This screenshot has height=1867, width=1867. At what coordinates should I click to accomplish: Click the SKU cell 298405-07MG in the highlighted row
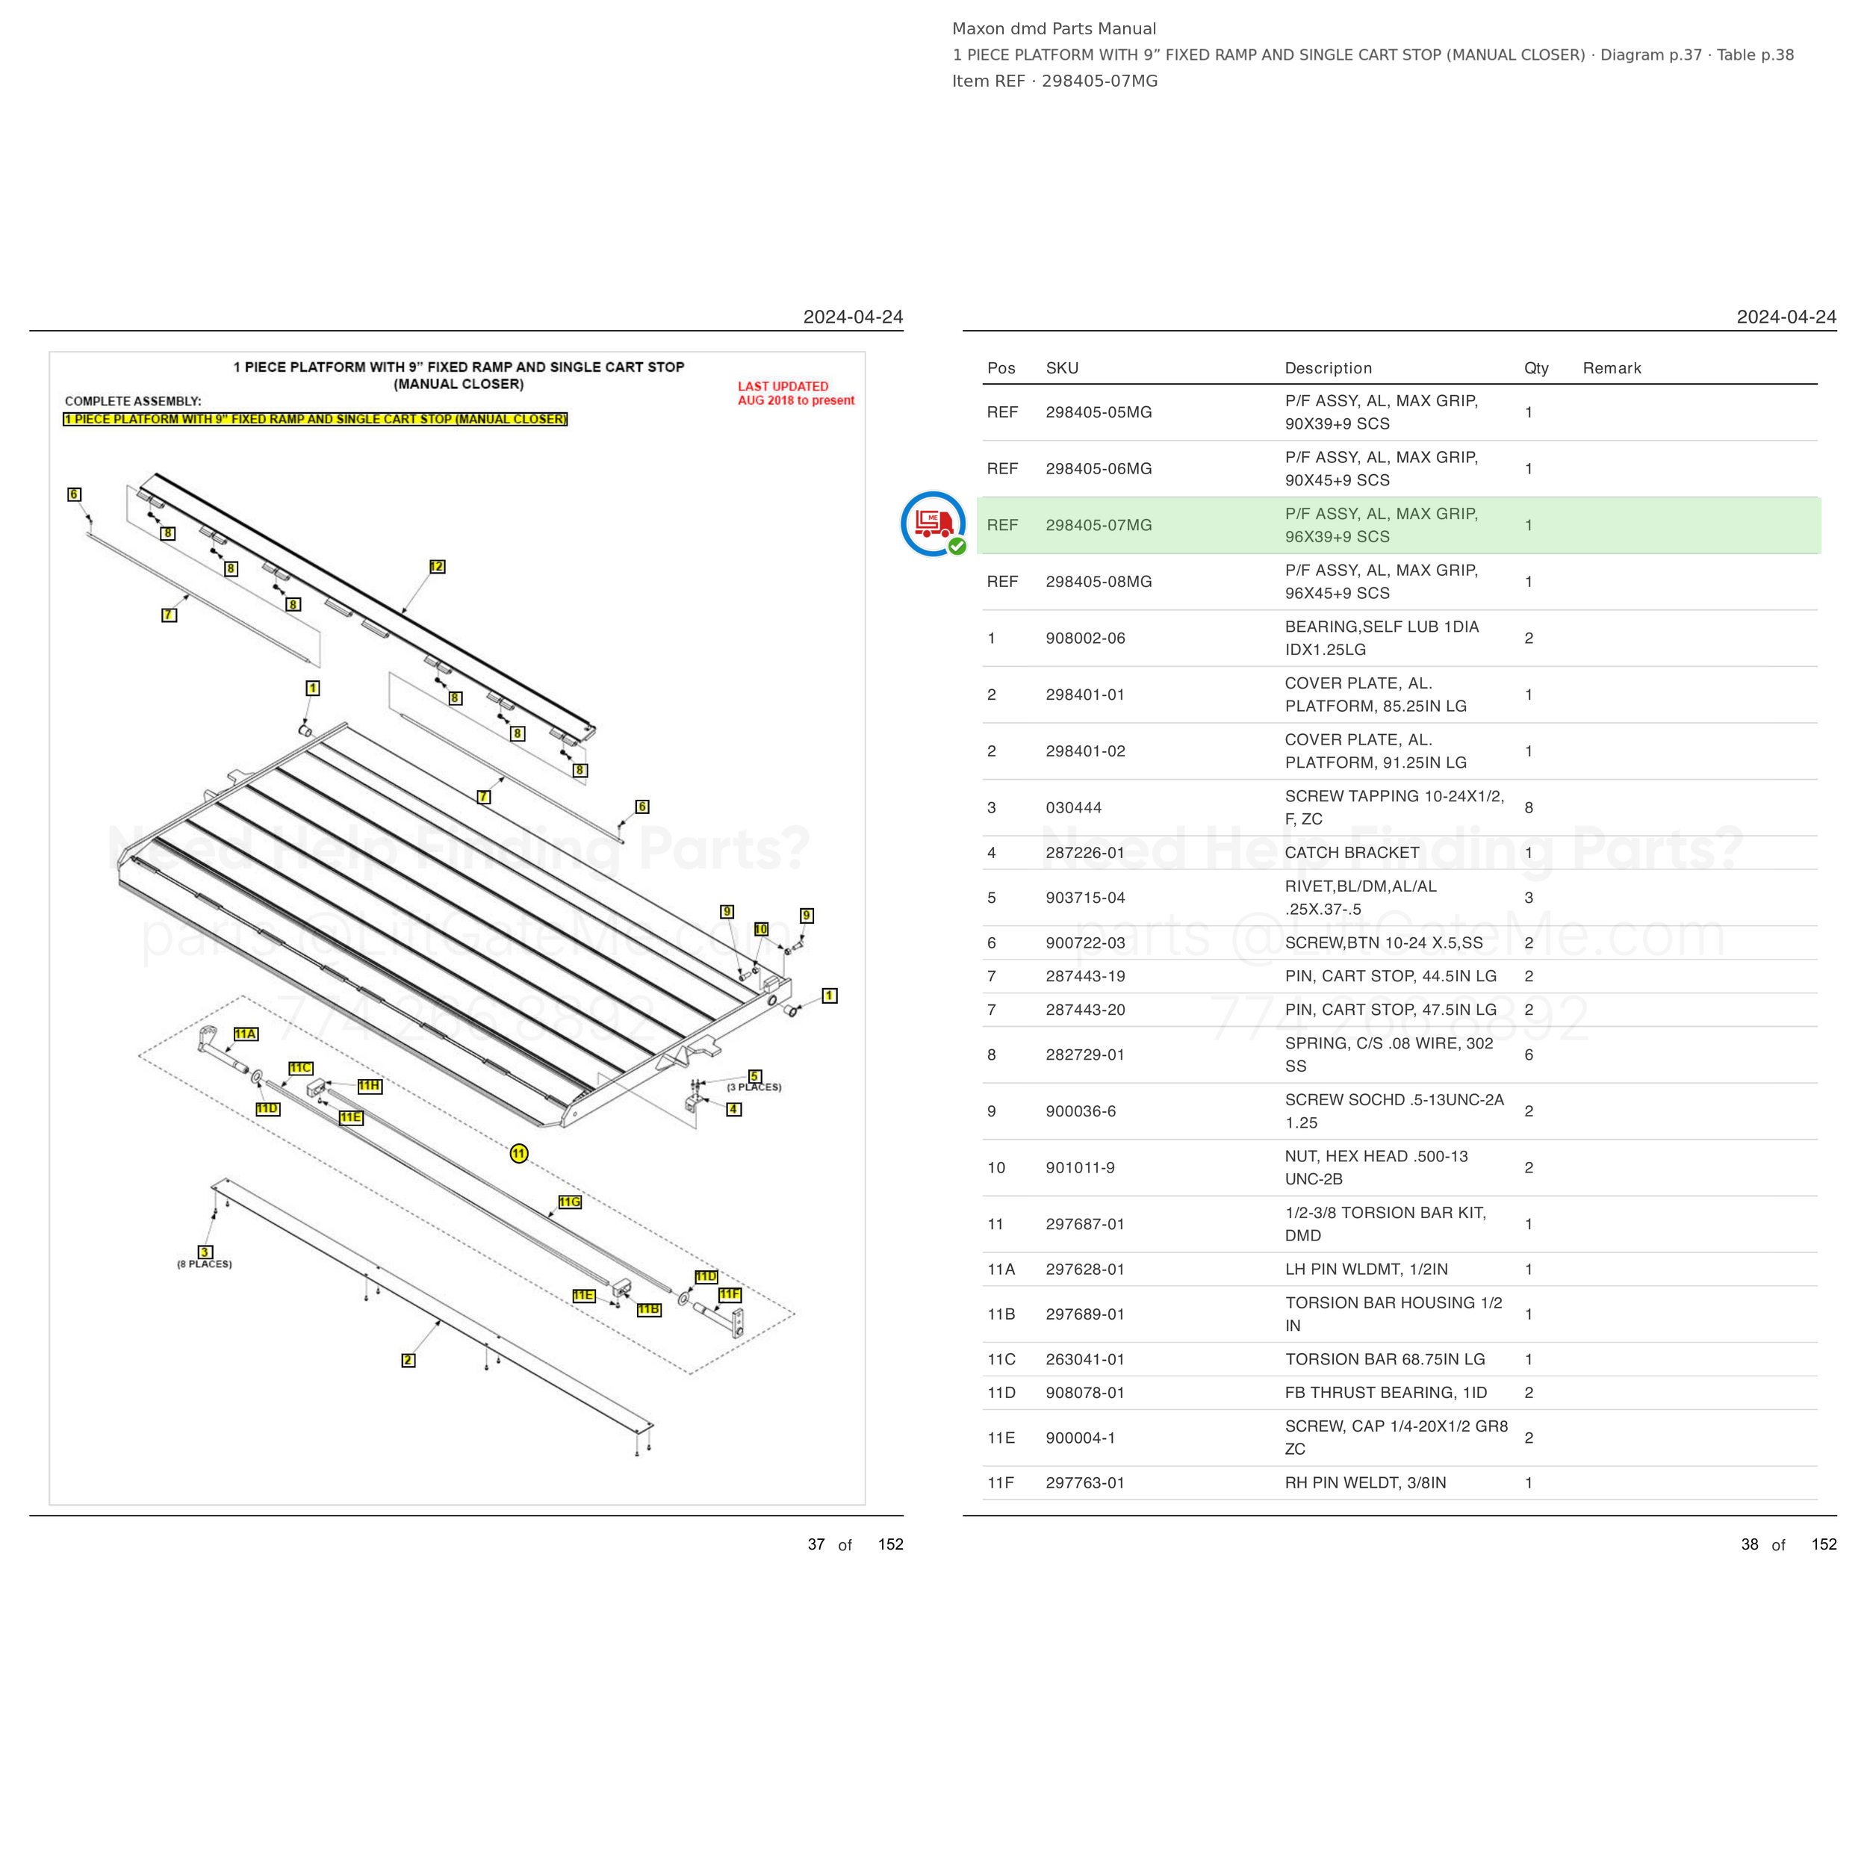pyautogui.click(x=1098, y=525)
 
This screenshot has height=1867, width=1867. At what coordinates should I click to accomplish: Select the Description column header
pyautogui.click(x=1328, y=368)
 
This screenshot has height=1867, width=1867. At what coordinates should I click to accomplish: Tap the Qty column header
pyautogui.click(x=1535, y=368)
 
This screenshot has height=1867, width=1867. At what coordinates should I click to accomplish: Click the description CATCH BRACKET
pyautogui.click(x=1351, y=852)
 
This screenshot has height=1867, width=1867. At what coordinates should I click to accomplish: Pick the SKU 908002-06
pyautogui.click(x=1085, y=638)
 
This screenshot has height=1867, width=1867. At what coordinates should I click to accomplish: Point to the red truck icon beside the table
pyautogui.click(x=933, y=524)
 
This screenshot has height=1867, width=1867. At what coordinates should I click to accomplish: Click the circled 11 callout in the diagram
pyautogui.click(x=519, y=1153)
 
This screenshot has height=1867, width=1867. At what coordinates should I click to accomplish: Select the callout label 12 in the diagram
pyautogui.click(x=437, y=566)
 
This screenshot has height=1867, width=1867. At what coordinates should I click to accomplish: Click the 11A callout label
pyautogui.click(x=246, y=1034)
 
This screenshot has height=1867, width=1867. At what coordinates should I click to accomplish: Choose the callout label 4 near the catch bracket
pyautogui.click(x=734, y=1110)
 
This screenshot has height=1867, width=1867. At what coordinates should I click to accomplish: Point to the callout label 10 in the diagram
pyautogui.click(x=760, y=929)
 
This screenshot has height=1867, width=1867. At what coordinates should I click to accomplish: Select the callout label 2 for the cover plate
pyautogui.click(x=408, y=1361)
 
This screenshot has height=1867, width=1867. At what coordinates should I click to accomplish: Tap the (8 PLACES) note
pyautogui.click(x=204, y=1264)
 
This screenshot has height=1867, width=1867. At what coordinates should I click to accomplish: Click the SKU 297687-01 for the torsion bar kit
pyautogui.click(x=1085, y=1224)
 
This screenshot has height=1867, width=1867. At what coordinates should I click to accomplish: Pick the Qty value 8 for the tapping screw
pyautogui.click(x=1529, y=808)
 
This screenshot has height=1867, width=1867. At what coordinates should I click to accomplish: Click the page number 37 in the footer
pyautogui.click(x=816, y=1544)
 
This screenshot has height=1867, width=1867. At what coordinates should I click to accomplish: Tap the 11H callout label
pyautogui.click(x=369, y=1086)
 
